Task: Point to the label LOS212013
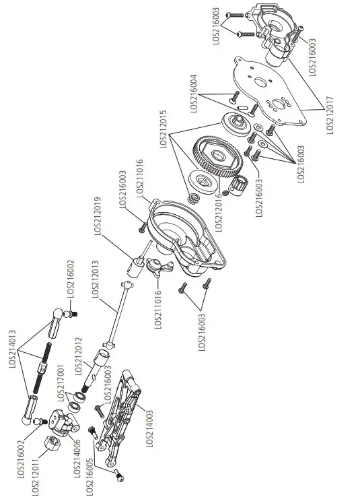[x=94, y=276]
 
